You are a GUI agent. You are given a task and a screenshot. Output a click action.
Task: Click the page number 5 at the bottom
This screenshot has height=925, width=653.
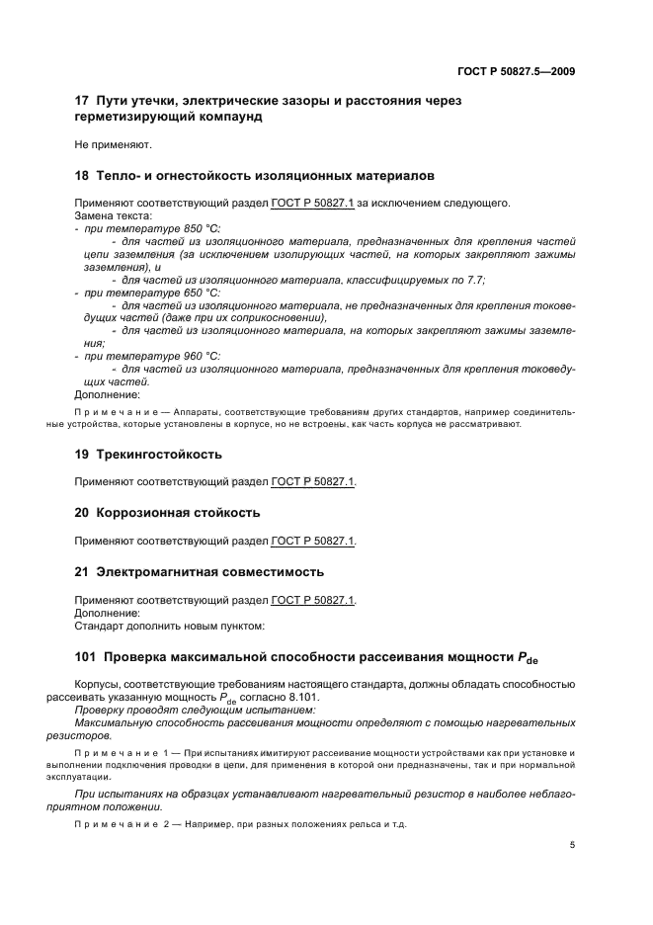(x=574, y=846)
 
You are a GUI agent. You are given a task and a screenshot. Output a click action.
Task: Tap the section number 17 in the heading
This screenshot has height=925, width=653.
(x=82, y=101)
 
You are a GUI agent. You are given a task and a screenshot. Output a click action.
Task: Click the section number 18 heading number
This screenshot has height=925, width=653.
(x=82, y=176)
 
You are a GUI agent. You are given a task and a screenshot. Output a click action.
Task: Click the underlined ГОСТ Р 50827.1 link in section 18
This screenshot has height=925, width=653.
(x=313, y=204)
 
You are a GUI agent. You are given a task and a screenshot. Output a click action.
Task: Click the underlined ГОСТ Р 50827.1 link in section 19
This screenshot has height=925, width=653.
(x=313, y=482)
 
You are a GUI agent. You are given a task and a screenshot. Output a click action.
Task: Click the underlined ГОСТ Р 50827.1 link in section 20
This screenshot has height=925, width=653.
(x=313, y=541)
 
